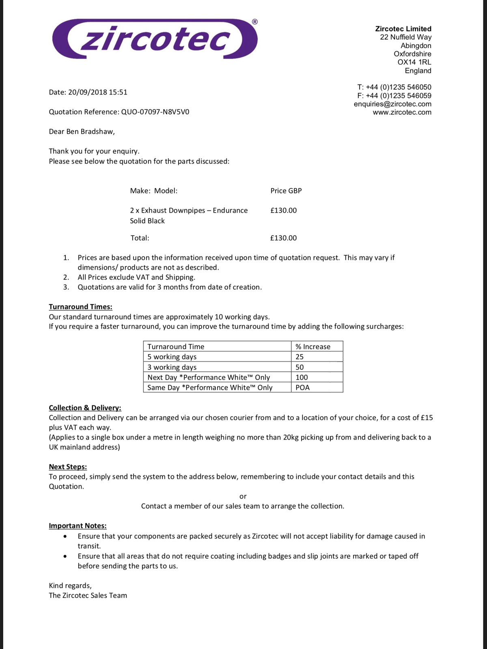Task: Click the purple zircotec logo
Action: [154, 39]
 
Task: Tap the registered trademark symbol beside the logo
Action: [254, 21]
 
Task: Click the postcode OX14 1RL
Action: [414, 62]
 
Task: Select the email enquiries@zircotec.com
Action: [392, 104]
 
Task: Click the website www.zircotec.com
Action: [402, 112]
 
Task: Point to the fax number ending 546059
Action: [394, 96]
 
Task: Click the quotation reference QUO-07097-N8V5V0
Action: [155, 112]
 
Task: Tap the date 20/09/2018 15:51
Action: [97, 92]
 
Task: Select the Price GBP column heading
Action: [286, 191]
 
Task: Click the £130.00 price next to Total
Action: [283, 238]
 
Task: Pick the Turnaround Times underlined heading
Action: [80, 307]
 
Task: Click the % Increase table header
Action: [313, 346]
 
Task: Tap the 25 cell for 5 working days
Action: [300, 357]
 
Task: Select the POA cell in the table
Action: [302, 387]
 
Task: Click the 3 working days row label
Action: [172, 367]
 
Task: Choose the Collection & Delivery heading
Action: [85, 408]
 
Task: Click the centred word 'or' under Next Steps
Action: [243, 496]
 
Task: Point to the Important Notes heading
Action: [78, 526]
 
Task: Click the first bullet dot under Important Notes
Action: [65, 536]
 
